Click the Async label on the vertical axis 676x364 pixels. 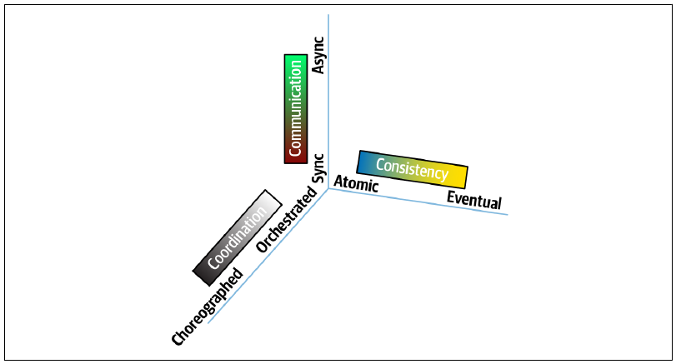[x=318, y=55]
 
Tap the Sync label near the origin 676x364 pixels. [x=318, y=168]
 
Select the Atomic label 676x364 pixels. [x=356, y=183]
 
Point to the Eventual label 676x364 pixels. [x=473, y=200]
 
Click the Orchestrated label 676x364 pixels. [x=286, y=219]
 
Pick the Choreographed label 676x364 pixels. [x=208, y=307]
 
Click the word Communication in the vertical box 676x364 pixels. [x=295, y=108]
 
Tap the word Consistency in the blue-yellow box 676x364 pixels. [x=412, y=168]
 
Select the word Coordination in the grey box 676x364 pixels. [x=237, y=237]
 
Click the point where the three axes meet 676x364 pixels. [x=328, y=188]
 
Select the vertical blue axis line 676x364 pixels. [x=328, y=102]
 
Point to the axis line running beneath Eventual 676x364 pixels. [x=418, y=202]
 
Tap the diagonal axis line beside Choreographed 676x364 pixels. [x=268, y=256]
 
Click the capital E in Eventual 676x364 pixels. [x=451, y=197]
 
